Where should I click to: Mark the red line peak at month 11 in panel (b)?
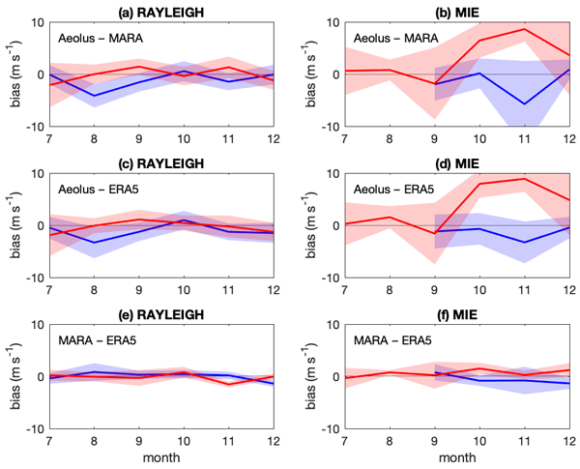[524, 29]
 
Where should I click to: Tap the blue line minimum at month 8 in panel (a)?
[94, 96]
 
